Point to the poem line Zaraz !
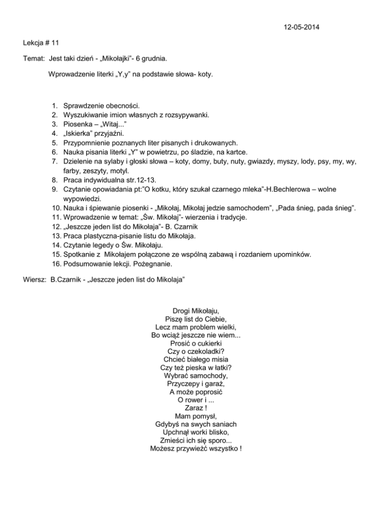click(197, 407)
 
